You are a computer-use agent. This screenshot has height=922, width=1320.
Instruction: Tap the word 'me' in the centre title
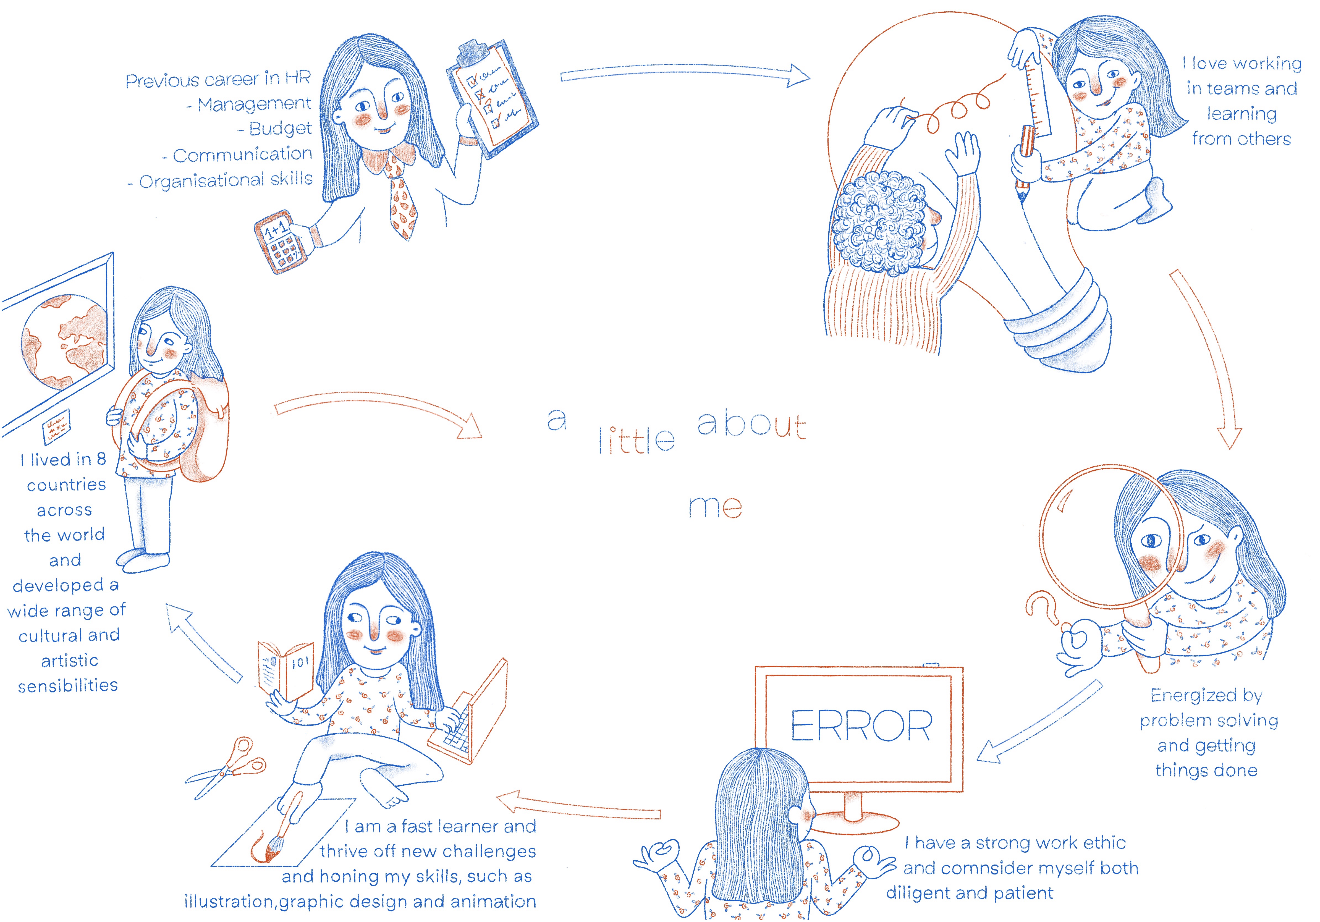(715, 506)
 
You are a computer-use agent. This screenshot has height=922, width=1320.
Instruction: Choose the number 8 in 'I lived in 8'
(101, 459)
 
